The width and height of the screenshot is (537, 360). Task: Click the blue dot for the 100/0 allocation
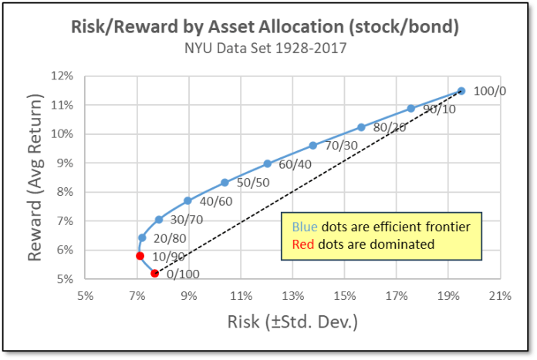pyautogui.click(x=461, y=91)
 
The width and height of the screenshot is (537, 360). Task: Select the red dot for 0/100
pyautogui.click(x=154, y=273)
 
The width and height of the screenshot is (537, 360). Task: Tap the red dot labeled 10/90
pyautogui.click(x=140, y=256)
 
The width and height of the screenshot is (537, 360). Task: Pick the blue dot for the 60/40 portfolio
pyautogui.click(x=268, y=163)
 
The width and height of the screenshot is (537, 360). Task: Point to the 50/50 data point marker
pyautogui.click(x=225, y=183)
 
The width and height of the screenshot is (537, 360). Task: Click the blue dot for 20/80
pyautogui.click(x=142, y=237)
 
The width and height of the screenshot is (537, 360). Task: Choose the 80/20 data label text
pyautogui.click(x=390, y=128)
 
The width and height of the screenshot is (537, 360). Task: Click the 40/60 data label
pyautogui.click(x=216, y=201)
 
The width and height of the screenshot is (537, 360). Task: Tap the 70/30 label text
pyautogui.click(x=341, y=146)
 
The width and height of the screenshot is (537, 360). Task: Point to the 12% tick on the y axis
pyautogui.click(x=62, y=76)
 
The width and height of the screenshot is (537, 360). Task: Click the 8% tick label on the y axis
pyautogui.click(x=65, y=192)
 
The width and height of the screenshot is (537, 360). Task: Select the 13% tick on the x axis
pyautogui.click(x=293, y=296)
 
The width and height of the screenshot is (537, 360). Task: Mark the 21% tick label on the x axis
pyautogui.click(x=501, y=296)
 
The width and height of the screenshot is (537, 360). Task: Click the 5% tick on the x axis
pyautogui.click(x=86, y=296)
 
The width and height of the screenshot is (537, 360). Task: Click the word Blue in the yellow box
pyautogui.click(x=305, y=227)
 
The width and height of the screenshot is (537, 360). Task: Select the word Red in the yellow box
pyautogui.click(x=303, y=244)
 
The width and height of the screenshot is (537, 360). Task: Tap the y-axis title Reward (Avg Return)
pyautogui.click(x=35, y=177)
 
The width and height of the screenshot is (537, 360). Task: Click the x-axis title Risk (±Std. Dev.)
pyautogui.click(x=293, y=322)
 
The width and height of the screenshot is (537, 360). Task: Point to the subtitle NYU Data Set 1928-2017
pyautogui.click(x=265, y=48)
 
